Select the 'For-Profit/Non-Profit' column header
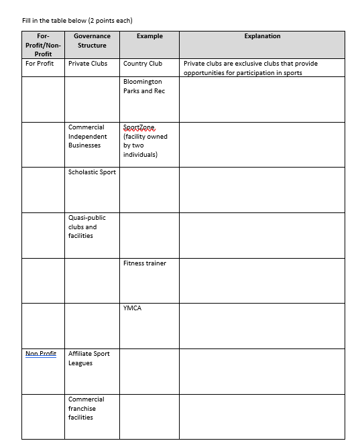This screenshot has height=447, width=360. [43, 45]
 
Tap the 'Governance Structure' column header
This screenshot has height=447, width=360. [92, 40]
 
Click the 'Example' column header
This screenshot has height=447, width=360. [149, 36]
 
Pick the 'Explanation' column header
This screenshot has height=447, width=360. [262, 36]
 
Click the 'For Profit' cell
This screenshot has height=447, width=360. [40, 64]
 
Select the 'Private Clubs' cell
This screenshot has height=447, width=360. [88, 64]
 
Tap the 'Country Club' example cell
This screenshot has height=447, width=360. [143, 64]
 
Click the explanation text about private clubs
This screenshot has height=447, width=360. [250, 68]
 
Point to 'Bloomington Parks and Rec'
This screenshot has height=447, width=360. [143, 86]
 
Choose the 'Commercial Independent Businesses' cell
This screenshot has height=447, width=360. [86, 136]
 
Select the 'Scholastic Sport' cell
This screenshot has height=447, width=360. [92, 172]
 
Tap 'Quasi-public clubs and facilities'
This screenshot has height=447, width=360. [86, 227]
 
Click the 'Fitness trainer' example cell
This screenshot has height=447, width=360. [145, 263]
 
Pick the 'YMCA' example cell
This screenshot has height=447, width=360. [133, 308]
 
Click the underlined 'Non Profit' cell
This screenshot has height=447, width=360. [41, 353]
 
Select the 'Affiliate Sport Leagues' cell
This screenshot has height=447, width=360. [88, 358]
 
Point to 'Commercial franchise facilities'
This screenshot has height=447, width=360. [86, 408]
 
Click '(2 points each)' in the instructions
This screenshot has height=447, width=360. [114, 20]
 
